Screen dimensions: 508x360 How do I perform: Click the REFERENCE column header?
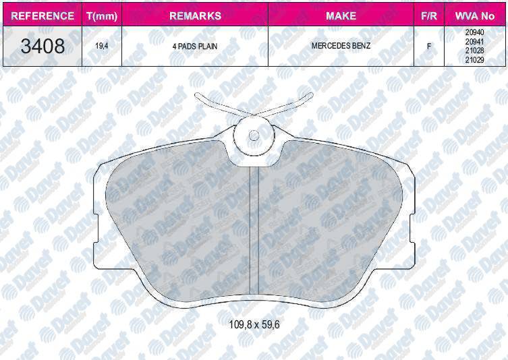(43, 16)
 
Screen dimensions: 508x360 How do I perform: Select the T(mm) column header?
(102, 16)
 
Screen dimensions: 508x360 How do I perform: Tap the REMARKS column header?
(195, 16)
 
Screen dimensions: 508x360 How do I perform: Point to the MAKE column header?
(341, 16)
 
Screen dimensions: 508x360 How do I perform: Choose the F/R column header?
(428, 16)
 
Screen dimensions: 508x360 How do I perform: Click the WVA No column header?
(475, 16)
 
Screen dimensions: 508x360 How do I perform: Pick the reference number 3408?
(43, 46)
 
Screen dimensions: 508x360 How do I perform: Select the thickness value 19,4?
(101, 46)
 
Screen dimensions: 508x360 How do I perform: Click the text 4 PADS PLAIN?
(195, 47)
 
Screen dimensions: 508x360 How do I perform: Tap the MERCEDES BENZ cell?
(341, 46)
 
